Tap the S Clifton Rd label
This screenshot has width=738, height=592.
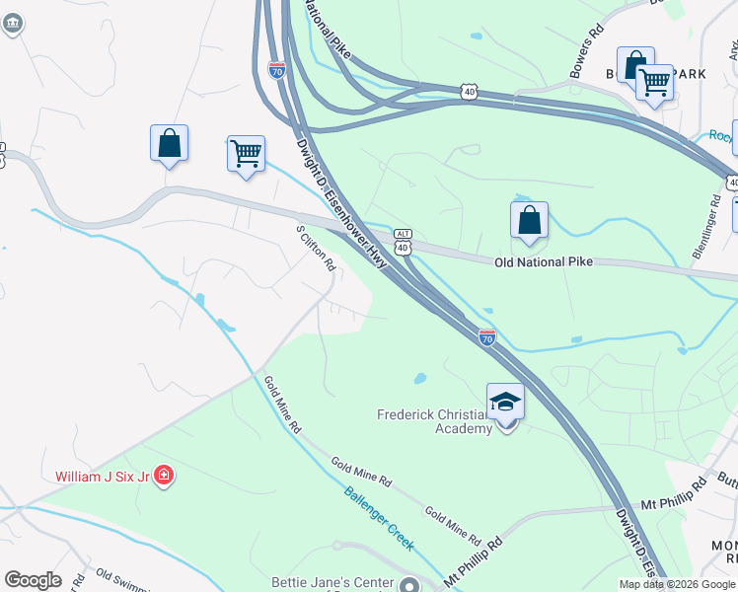317,248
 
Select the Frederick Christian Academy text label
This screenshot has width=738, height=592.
434,421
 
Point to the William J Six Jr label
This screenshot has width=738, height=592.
102,477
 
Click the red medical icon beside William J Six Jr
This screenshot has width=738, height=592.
164,477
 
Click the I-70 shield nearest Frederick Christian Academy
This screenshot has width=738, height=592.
487,337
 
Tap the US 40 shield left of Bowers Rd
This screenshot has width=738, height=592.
469,92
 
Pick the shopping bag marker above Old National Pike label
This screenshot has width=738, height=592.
529,221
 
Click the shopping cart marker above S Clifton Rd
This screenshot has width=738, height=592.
246,154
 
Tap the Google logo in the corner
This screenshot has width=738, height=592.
33,580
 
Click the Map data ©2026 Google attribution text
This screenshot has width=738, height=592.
677,584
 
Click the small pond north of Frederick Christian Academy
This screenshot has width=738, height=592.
420,378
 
